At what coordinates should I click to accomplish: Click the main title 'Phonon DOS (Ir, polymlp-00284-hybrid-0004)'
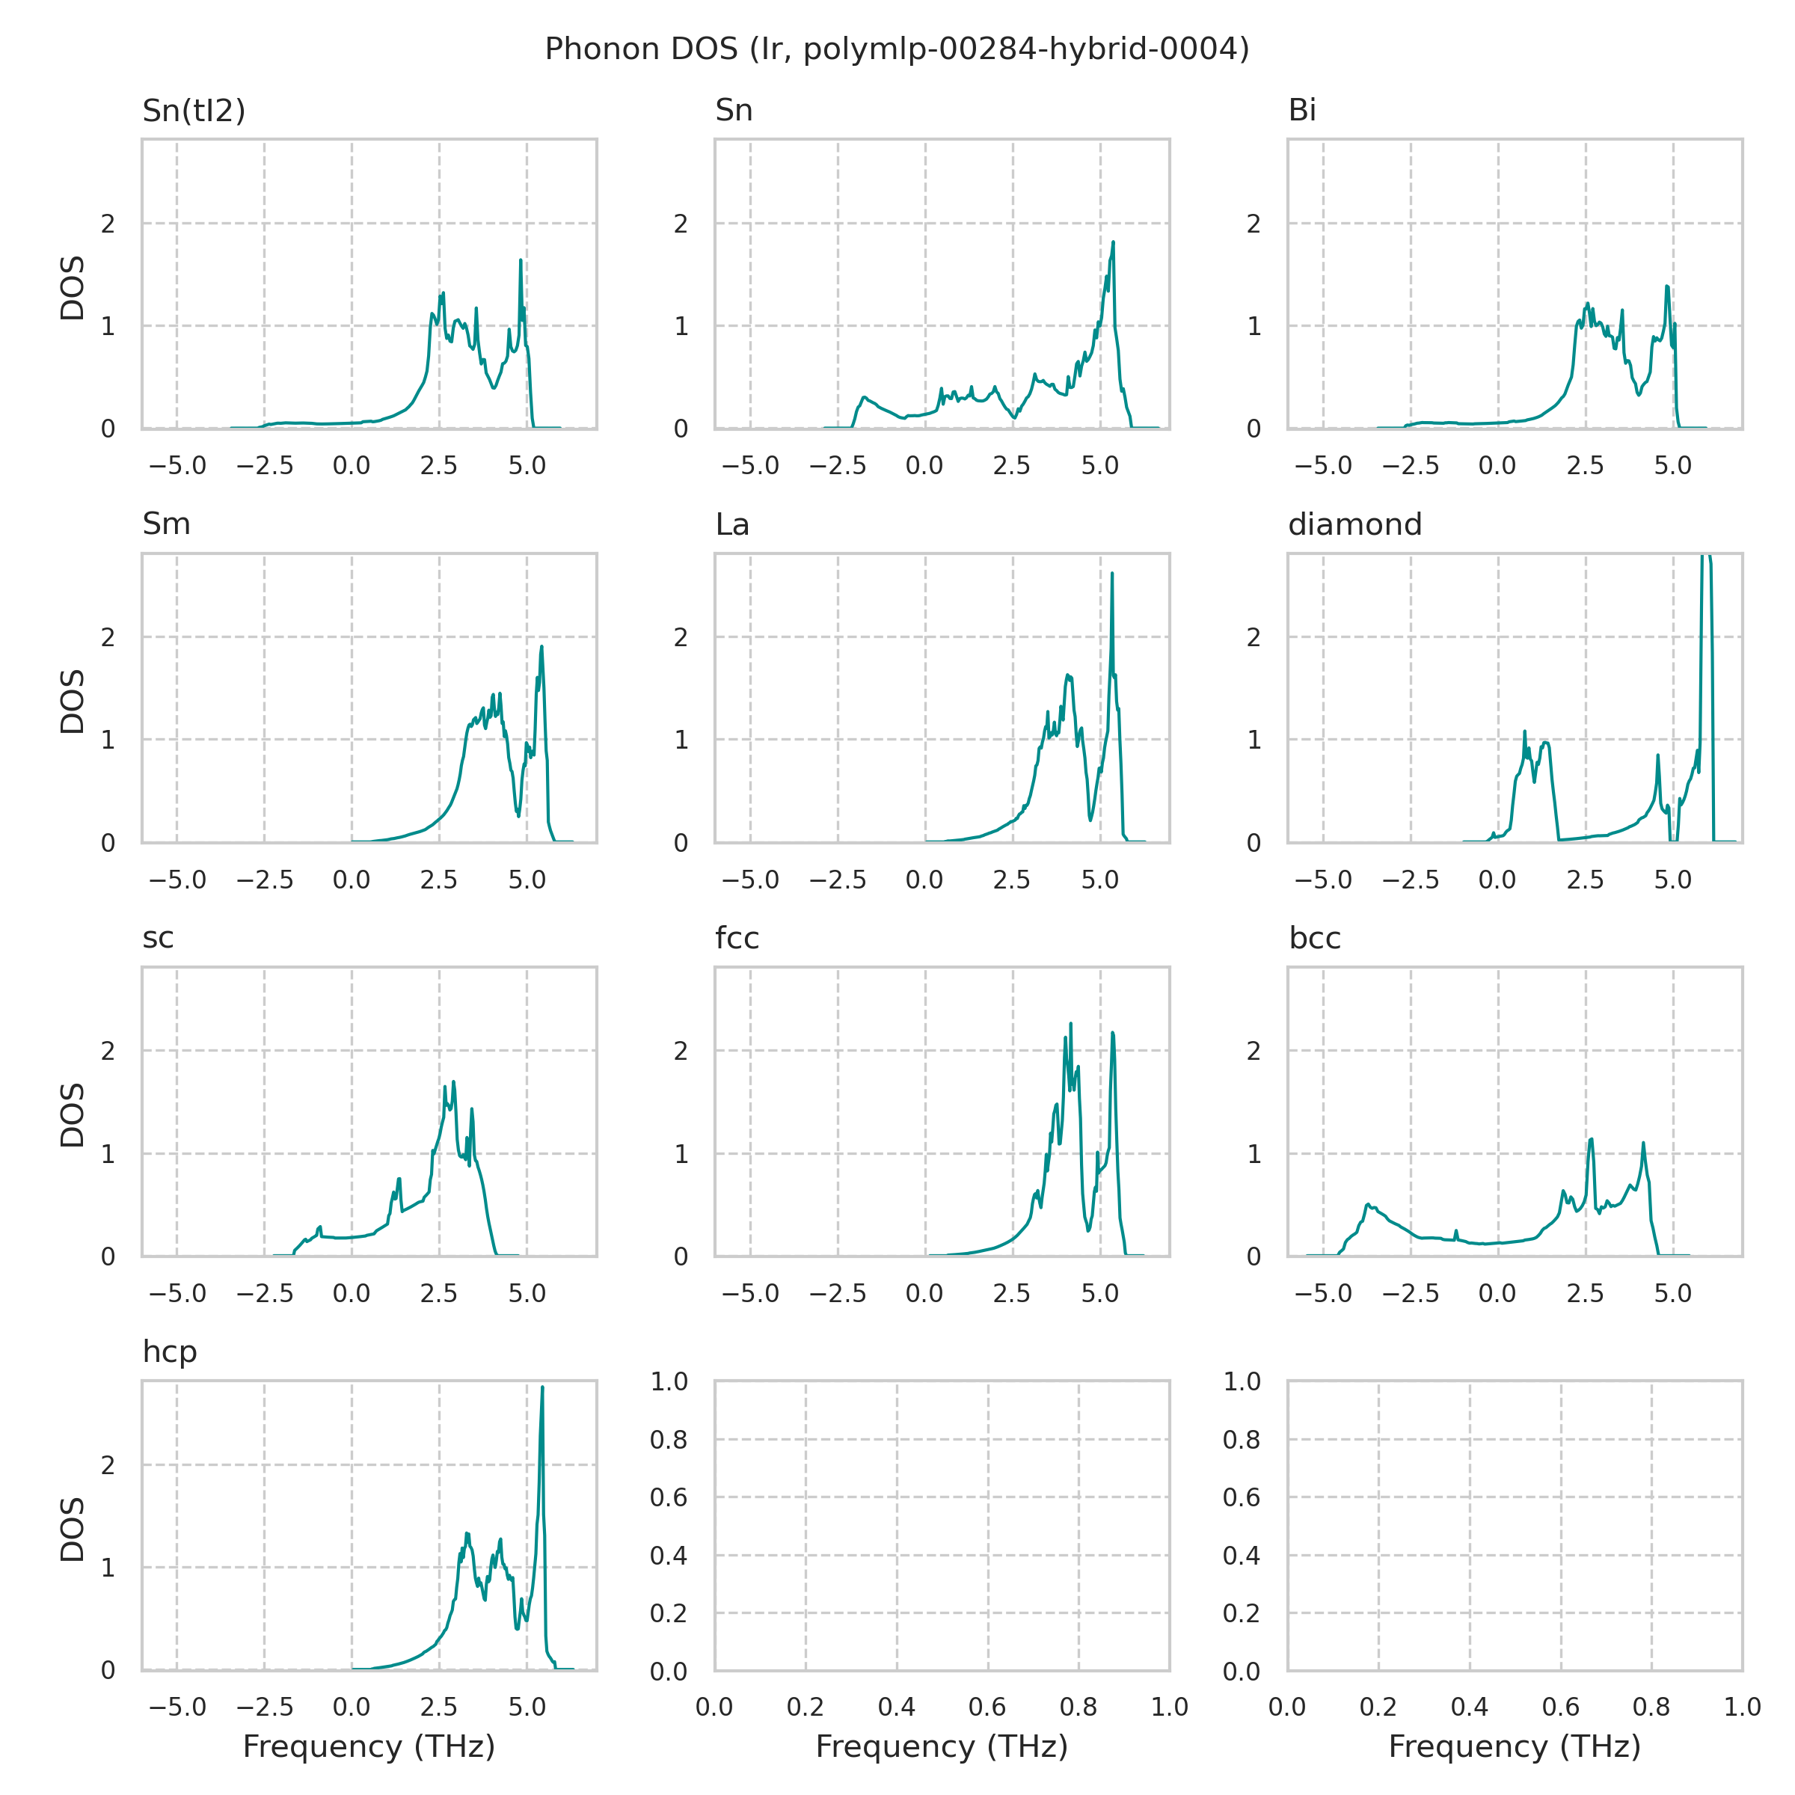tap(897, 49)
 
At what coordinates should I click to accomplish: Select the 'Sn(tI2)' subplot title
tap(193, 111)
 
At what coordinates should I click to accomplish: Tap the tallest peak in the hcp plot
tap(541, 1389)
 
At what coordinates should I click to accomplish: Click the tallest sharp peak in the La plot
tap(1112, 575)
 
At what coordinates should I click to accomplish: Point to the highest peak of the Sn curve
tap(1113, 243)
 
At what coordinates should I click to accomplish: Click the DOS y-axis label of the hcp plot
tap(73, 1529)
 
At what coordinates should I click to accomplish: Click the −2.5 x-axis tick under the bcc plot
tap(1411, 1293)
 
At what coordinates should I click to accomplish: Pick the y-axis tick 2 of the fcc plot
tap(681, 1051)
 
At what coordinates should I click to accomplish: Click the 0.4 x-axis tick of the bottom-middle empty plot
tap(897, 1707)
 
